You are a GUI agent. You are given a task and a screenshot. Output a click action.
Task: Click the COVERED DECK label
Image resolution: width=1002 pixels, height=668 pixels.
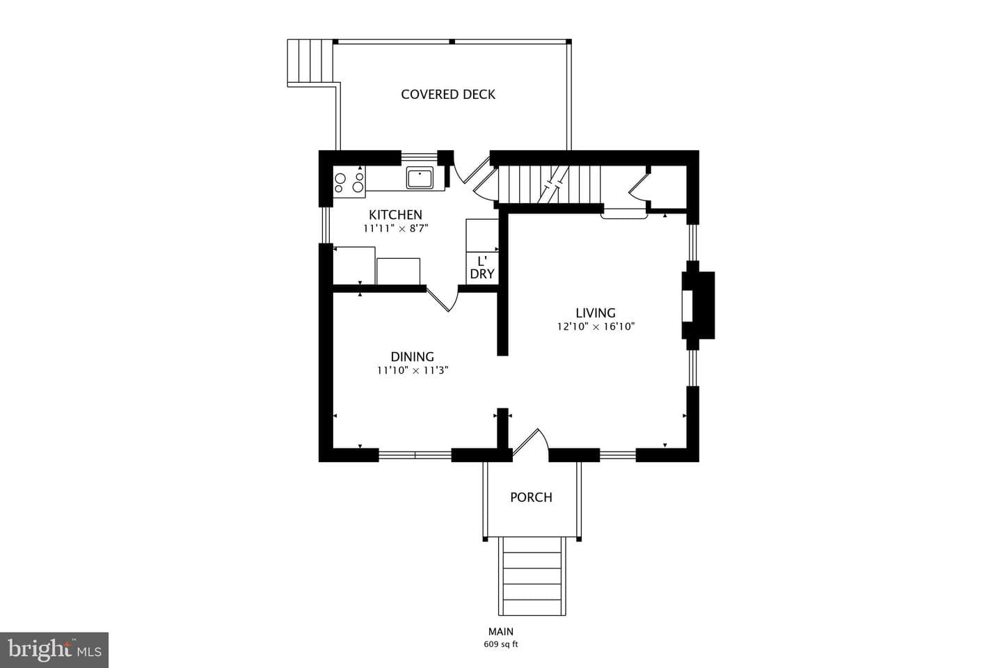[448, 95]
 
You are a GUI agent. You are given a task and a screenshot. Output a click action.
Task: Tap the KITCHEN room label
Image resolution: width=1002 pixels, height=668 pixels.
[395, 214]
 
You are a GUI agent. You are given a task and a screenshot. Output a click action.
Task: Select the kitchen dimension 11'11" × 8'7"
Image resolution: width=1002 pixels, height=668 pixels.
[395, 229]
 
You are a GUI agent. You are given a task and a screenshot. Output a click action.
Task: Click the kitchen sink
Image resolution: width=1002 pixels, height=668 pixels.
[420, 177]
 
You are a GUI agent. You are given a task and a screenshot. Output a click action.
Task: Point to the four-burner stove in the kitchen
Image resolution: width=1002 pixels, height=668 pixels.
[349, 182]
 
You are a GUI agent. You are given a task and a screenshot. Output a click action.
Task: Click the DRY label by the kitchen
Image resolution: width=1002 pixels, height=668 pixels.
[482, 274]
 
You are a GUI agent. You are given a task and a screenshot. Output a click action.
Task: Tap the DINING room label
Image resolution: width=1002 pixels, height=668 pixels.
[413, 356]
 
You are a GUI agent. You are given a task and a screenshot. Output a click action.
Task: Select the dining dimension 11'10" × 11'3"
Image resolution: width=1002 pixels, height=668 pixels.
[413, 370]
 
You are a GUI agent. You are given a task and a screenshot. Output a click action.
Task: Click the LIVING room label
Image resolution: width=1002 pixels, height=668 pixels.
[596, 312]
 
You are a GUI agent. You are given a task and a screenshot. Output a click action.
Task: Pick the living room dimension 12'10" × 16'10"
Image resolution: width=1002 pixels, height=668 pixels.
[596, 326]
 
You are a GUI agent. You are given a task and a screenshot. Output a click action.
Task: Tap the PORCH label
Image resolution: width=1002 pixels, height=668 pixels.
[532, 497]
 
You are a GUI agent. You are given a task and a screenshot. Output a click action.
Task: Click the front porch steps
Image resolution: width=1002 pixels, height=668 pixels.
[532, 576]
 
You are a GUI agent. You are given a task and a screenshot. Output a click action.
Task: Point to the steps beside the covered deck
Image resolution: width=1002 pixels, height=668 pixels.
[310, 62]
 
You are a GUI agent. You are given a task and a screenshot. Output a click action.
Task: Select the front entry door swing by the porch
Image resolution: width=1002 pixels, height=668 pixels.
[531, 444]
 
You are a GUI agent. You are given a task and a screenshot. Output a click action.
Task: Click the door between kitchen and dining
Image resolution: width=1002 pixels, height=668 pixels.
[443, 298]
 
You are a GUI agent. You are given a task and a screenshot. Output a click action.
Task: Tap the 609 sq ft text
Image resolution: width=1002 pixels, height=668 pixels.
[500, 645]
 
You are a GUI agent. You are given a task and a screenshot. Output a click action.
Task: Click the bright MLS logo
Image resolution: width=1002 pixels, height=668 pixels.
[54, 650]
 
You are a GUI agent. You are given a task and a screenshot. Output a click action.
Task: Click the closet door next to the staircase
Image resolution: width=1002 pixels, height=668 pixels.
[639, 187]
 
